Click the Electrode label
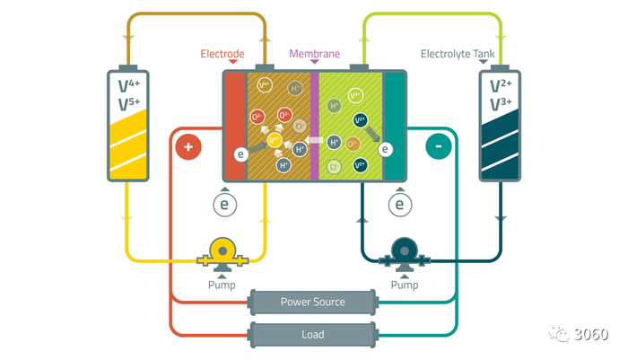pos(222,54)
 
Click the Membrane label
pos(314,54)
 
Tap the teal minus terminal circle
pos(438,146)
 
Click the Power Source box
pos(312,302)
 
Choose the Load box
pos(312,334)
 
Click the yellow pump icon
pos(222,254)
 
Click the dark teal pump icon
pos(404,254)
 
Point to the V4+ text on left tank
pos(127,86)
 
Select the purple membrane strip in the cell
pos(314,126)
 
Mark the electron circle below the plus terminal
pos(226,206)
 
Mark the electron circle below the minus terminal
pos(399,206)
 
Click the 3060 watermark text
pos(593,334)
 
